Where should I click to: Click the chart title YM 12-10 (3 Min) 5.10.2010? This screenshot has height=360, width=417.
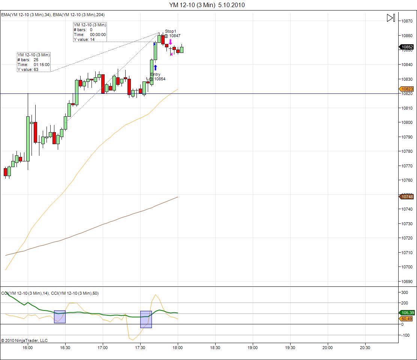[x=207, y=5]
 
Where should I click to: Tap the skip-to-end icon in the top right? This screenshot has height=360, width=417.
[x=391, y=18]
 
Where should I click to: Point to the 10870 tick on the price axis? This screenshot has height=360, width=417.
[x=407, y=21]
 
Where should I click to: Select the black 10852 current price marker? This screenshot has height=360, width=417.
[x=407, y=47]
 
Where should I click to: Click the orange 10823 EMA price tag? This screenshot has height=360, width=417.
[x=407, y=89]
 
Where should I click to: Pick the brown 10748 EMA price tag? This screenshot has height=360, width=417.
[x=407, y=197]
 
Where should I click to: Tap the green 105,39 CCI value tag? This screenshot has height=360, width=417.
[x=407, y=313]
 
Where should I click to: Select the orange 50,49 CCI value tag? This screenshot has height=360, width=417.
[x=407, y=319]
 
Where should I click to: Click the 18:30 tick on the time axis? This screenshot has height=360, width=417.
[x=215, y=348]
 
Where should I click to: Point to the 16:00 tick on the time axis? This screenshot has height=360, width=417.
[x=27, y=348]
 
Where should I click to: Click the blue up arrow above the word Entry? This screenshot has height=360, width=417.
[x=155, y=68]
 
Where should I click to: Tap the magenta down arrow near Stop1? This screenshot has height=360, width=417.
[x=170, y=42]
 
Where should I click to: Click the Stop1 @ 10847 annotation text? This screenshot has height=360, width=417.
[x=172, y=33]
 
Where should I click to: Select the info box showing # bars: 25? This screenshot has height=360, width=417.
[x=33, y=62]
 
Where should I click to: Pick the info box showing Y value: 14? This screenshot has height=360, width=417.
[x=90, y=32]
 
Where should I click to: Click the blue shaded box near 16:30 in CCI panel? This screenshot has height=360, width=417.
[x=60, y=317]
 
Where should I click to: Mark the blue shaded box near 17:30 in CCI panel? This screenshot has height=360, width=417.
[x=146, y=319]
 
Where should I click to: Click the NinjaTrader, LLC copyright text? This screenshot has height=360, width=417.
[x=24, y=340]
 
